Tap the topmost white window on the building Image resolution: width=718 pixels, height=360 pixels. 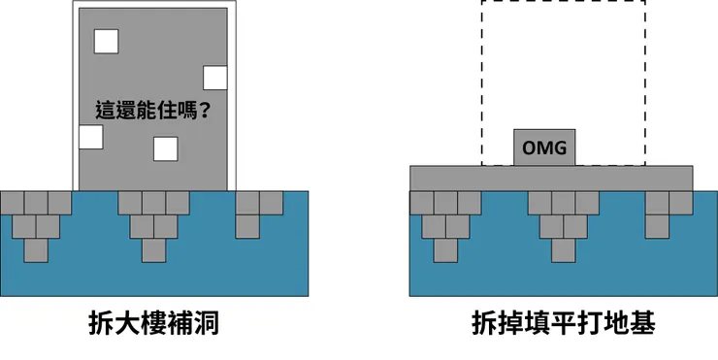click(105, 41)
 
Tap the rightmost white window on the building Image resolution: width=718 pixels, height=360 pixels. click(215, 78)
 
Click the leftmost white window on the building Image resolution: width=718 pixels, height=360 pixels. click(90, 136)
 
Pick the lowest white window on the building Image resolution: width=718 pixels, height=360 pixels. click(166, 148)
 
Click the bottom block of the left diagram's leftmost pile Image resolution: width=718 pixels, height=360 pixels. click(37, 249)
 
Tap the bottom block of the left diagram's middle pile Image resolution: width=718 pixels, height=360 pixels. click(153, 249)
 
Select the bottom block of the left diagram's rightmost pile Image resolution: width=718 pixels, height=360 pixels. click(247, 226)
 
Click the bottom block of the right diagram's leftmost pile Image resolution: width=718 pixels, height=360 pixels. click(445, 249)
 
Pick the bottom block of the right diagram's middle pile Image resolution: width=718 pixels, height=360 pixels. click(563, 249)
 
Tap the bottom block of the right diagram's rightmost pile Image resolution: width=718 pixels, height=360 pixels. click(657, 226)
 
